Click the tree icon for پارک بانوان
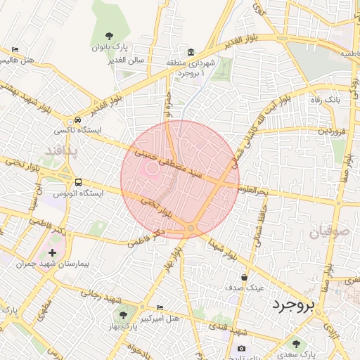click(108, 36)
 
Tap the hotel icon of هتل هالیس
click(15, 50)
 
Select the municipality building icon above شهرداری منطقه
click(191, 53)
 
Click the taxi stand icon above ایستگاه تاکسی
click(77, 120)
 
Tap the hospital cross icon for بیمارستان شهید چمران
click(52, 252)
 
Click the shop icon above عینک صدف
click(244, 278)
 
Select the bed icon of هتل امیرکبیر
click(160, 307)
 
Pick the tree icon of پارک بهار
click(124, 316)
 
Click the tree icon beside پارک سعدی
click(297, 344)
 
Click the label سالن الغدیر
click(127, 60)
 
